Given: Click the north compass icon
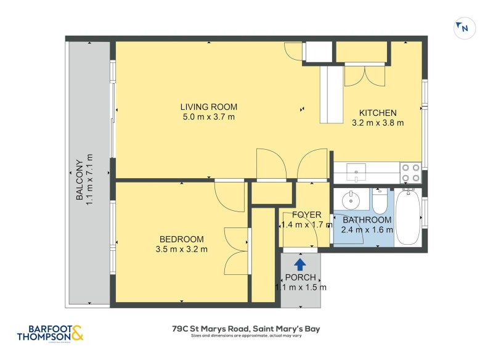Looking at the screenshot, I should (462, 28).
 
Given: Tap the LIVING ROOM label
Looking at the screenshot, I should (208, 107).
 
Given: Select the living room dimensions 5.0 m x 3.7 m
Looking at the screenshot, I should (208, 117).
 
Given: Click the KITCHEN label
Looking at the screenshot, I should (378, 113).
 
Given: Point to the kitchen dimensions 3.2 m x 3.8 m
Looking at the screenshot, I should (378, 123).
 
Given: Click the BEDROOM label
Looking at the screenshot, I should (181, 239).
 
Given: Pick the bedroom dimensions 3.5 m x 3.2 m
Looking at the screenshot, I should (181, 249).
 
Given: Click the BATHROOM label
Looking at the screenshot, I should (367, 220).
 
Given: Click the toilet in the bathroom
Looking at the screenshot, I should (379, 201).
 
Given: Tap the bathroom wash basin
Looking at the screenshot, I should (350, 199).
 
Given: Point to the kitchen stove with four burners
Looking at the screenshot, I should (410, 172).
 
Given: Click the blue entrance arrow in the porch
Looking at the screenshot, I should (299, 264).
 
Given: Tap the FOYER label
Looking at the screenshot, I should (306, 215).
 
